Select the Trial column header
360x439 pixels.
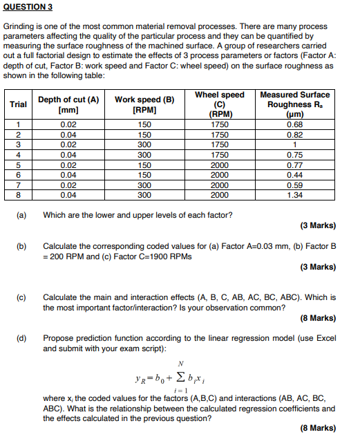point(19,104)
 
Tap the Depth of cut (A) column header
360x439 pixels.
point(68,104)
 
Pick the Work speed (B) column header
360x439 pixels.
point(144,104)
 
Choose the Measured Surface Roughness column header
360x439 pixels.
point(295,104)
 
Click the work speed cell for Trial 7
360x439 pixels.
point(144,185)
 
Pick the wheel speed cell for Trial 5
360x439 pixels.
point(219,165)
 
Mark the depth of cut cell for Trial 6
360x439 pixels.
point(68,175)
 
